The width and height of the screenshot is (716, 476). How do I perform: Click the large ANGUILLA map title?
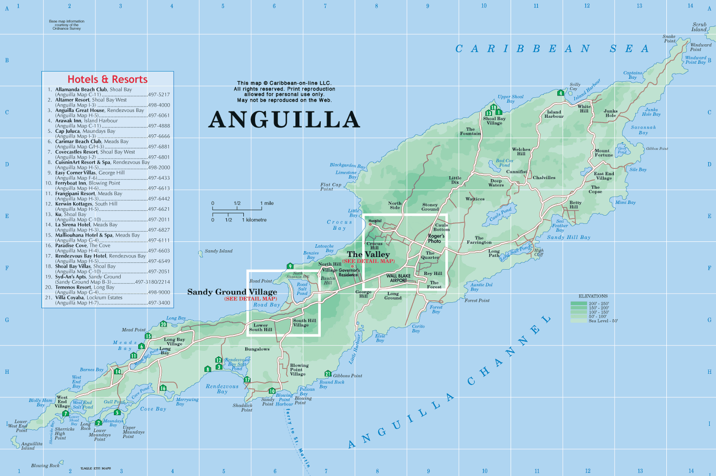pyautogui.click(x=284, y=120)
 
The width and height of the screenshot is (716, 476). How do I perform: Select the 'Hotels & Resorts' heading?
pyautogui.click(x=107, y=79)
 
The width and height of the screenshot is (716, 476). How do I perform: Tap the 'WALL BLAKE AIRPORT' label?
pyautogui.click(x=398, y=278)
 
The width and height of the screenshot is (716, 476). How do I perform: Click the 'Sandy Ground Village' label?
pyautogui.click(x=232, y=292)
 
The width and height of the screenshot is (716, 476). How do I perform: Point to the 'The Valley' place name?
pyautogui.click(x=368, y=255)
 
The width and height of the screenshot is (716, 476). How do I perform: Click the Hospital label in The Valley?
pyautogui.click(x=375, y=221)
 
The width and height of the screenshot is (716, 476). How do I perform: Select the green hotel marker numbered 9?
pyautogui.click(x=290, y=266)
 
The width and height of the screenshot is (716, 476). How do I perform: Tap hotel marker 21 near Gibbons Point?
pyautogui.click(x=328, y=374)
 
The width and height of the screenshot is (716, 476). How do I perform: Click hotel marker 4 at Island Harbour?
pyautogui.click(x=561, y=93)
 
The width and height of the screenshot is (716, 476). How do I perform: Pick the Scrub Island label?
pyautogui.click(x=699, y=27)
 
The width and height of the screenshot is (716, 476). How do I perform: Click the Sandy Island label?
pyautogui.click(x=219, y=251)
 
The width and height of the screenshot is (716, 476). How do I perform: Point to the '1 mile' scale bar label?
pyautogui.click(x=267, y=203)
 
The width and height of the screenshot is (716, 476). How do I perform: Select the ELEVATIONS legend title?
pyautogui.click(x=593, y=296)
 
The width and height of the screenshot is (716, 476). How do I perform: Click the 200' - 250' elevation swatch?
pyautogui.click(x=578, y=304)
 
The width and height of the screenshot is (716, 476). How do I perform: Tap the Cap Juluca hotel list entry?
pyautogui.click(x=85, y=131)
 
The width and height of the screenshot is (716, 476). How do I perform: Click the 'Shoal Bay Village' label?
pyautogui.click(x=494, y=121)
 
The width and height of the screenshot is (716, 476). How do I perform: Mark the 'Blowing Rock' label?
pyautogui.click(x=45, y=465)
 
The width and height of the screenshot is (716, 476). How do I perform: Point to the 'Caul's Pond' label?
pyautogui.click(x=500, y=214)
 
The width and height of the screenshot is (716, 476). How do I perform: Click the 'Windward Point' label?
pyautogui.click(x=700, y=47)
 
